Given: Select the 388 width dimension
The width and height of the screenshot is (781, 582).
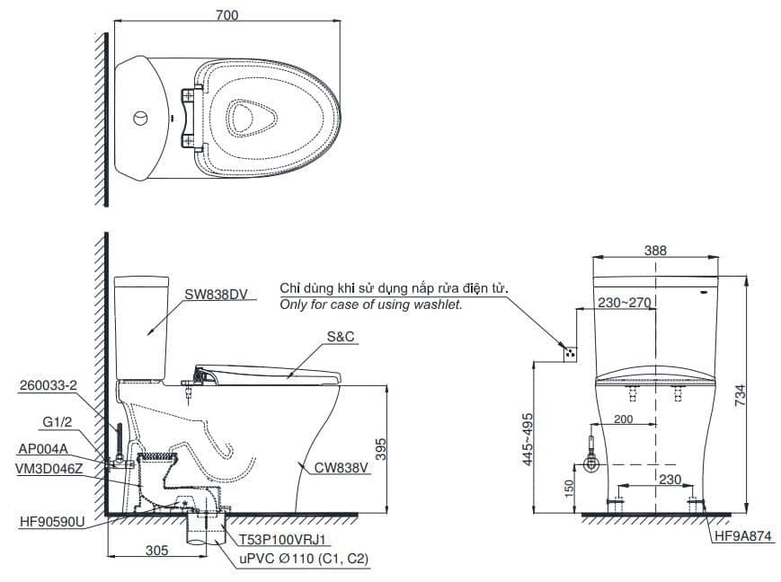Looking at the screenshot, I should click(x=655, y=251).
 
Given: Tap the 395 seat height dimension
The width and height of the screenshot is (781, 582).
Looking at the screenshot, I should click(x=379, y=450).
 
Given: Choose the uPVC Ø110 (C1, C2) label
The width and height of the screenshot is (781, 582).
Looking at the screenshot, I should click(x=303, y=559).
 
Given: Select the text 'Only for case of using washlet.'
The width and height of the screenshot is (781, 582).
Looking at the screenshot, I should click(x=371, y=305).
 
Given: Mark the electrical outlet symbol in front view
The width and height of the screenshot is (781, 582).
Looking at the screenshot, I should click(x=567, y=352).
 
